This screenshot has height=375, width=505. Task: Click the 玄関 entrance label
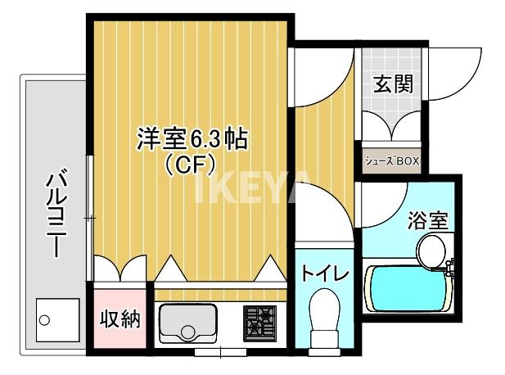click(393, 84)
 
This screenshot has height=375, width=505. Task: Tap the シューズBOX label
click(391, 161)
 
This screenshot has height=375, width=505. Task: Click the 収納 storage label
click(119, 319)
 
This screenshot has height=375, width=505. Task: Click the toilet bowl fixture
click(324, 320)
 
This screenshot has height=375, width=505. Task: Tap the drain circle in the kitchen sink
click(190, 332)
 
